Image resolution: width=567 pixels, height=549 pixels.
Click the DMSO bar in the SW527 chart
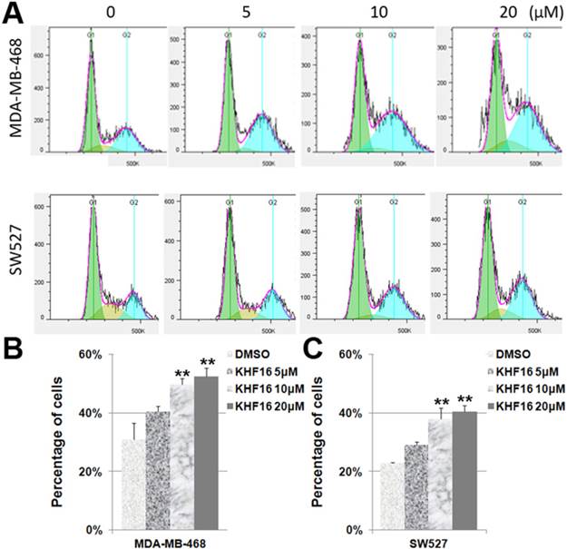point(392,496)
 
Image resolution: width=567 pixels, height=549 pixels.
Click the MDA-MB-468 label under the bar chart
point(170,542)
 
